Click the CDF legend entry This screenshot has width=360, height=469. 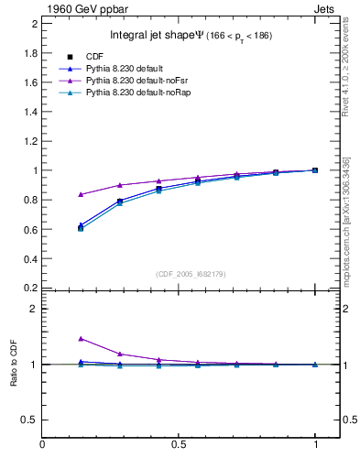(x=94, y=57)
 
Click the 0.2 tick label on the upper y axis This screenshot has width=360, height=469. (x=30, y=288)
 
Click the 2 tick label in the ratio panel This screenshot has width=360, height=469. (x=34, y=309)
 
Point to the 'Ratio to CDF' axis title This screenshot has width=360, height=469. (x=14, y=364)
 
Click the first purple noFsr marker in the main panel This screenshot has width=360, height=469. (x=82, y=194)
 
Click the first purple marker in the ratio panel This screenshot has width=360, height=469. (x=82, y=339)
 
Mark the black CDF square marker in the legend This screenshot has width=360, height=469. (x=70, y=57)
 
